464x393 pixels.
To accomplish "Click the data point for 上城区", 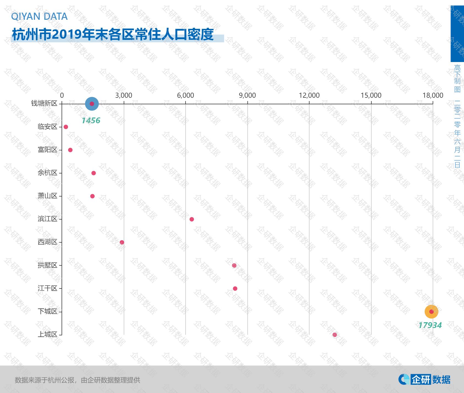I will (x=335, y=335).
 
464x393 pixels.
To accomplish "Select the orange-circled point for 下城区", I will (x=431, y=311).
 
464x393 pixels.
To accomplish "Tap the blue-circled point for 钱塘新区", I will (x=92, y=104).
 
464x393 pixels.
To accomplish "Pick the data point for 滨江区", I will (x=192, y=219).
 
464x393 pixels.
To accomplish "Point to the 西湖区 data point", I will (x=122, y=242).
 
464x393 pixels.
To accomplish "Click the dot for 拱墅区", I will (x=234, y=265).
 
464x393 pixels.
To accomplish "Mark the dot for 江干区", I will (x=235, y=288).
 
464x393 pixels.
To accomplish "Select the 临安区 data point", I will (x=66, y=127).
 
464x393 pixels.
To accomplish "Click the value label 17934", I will (x=430, y=325).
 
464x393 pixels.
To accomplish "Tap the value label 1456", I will (x=91, y=120).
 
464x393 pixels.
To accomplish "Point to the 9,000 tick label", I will (x=247, y=95).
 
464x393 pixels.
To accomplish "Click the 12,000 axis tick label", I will (x=309, y=95).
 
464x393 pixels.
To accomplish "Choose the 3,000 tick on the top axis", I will (x=123, y=95).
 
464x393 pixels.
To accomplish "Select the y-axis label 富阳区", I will (x=48, y=150).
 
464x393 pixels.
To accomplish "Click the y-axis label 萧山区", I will (x=48, y=196).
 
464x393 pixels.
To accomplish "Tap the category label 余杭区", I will (x=48, y=173).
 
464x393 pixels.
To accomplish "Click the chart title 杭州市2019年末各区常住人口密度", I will (x=113, y=35).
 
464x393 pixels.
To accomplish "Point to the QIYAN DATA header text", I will (x=39, y=16).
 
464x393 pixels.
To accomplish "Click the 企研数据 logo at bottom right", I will (x=424, y=380).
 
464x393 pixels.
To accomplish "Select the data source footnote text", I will (x=77, y=380).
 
